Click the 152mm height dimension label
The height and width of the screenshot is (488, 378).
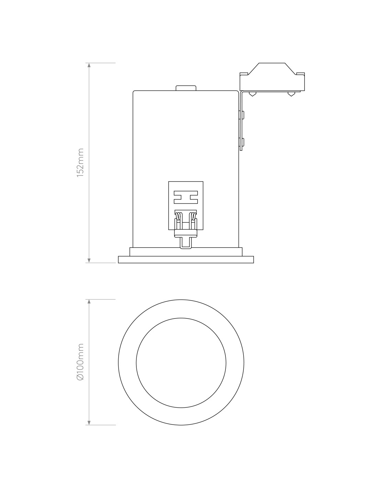80,162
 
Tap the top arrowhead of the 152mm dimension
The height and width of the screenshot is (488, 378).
89,65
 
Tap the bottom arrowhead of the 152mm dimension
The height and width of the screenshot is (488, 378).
89,260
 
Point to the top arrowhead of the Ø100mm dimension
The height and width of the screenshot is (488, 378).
89,302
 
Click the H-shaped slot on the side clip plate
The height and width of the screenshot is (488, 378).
186,197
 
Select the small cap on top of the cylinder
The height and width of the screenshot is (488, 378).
186,88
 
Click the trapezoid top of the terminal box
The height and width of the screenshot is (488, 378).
272,69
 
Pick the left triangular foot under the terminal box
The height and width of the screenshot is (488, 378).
253,94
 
